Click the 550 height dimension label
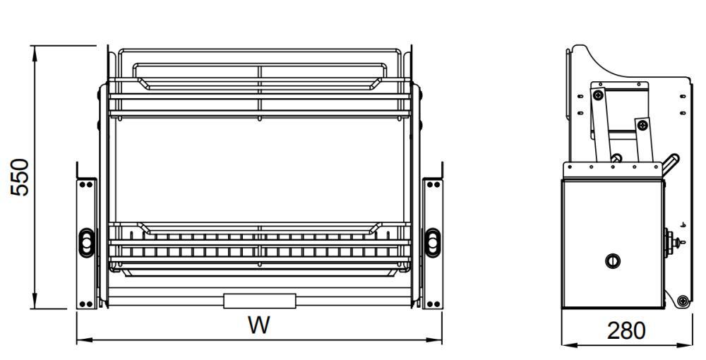pyautogui.click(x=20, y=177)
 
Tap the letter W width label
pyautogui.click(x=259, y=325)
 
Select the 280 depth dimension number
pyautogui.click(x=626, y=331)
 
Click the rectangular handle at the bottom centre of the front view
pyautogui.click(x=260, y=301)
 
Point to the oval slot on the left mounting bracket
pyautogui.click(x=86, y=243)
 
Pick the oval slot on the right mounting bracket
pyautogui.click(x=432, y=243)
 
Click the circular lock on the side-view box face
pyautogui.click(x=612, y=260)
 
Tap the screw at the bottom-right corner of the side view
pyautogui.click(x=683, y=301)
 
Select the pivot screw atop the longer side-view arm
pyautogui.click(x=598, y=95)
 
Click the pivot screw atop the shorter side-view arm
pyautogui.click(x=642, y=125)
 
